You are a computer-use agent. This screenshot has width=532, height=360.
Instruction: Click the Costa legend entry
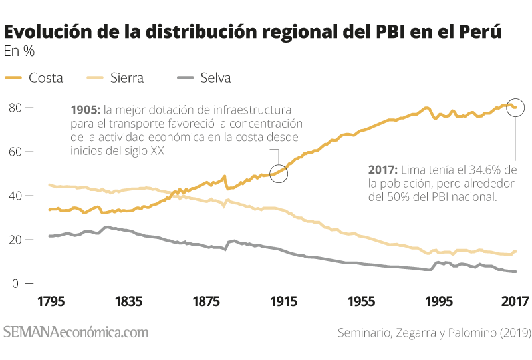[x=34, y=78]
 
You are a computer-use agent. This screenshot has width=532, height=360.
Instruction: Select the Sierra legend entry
[x=115, y=78]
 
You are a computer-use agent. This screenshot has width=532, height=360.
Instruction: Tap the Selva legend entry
[x=204, y=78]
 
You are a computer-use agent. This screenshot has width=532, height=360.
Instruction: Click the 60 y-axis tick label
[x=15, y=152]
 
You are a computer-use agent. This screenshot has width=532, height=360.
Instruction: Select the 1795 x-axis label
[x=51, y=301]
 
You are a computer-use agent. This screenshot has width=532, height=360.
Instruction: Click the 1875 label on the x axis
[x=206, y=301]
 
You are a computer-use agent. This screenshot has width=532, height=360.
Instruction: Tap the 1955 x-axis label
[x=361, y=301]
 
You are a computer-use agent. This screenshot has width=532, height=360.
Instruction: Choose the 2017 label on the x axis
[x=515, y=301]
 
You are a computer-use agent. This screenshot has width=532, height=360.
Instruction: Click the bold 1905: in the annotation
[x=86, y=110]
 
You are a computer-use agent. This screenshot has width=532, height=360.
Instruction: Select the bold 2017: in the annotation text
[x=383, y=170]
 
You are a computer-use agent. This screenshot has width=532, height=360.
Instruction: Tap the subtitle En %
[x=19, y=51]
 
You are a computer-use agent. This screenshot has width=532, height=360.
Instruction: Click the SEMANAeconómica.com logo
[x=76, y=332]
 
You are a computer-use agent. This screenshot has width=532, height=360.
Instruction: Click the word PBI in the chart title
[x=390, y=31]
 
